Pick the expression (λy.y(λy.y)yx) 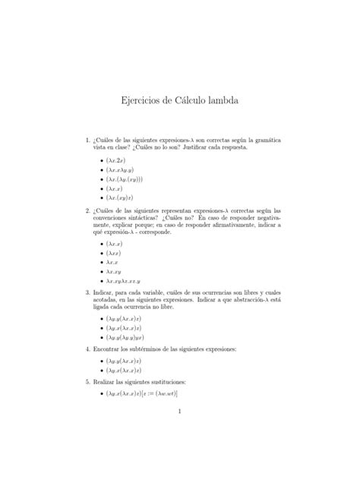pos(123,336)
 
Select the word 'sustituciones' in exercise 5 pos(182,381)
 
